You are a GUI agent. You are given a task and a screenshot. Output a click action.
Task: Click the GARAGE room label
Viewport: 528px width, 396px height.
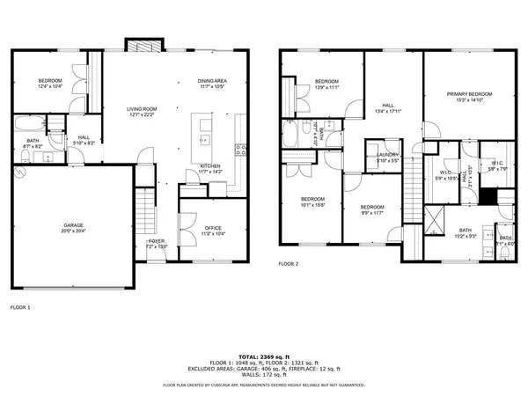click(72, 226)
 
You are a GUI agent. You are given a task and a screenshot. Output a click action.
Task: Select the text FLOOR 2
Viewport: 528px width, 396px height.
click(289, 264)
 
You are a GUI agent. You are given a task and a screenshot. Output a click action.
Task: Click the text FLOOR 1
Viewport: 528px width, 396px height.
click(20, 307)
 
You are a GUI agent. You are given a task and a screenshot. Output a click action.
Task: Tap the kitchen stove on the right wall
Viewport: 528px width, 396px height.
click(238, 150)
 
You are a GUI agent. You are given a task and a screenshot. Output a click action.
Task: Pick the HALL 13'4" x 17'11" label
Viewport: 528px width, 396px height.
click(386, 108)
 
